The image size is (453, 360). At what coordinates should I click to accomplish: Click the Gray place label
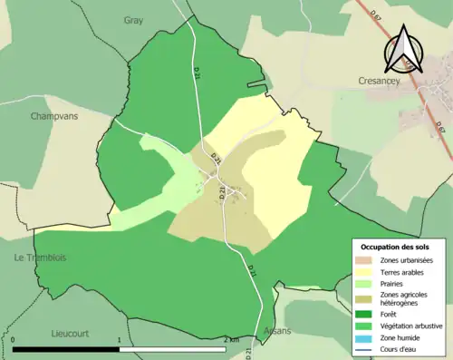133,19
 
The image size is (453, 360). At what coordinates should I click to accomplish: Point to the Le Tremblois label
40,258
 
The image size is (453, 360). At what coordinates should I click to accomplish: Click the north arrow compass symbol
401,50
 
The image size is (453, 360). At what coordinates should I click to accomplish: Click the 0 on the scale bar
14,340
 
